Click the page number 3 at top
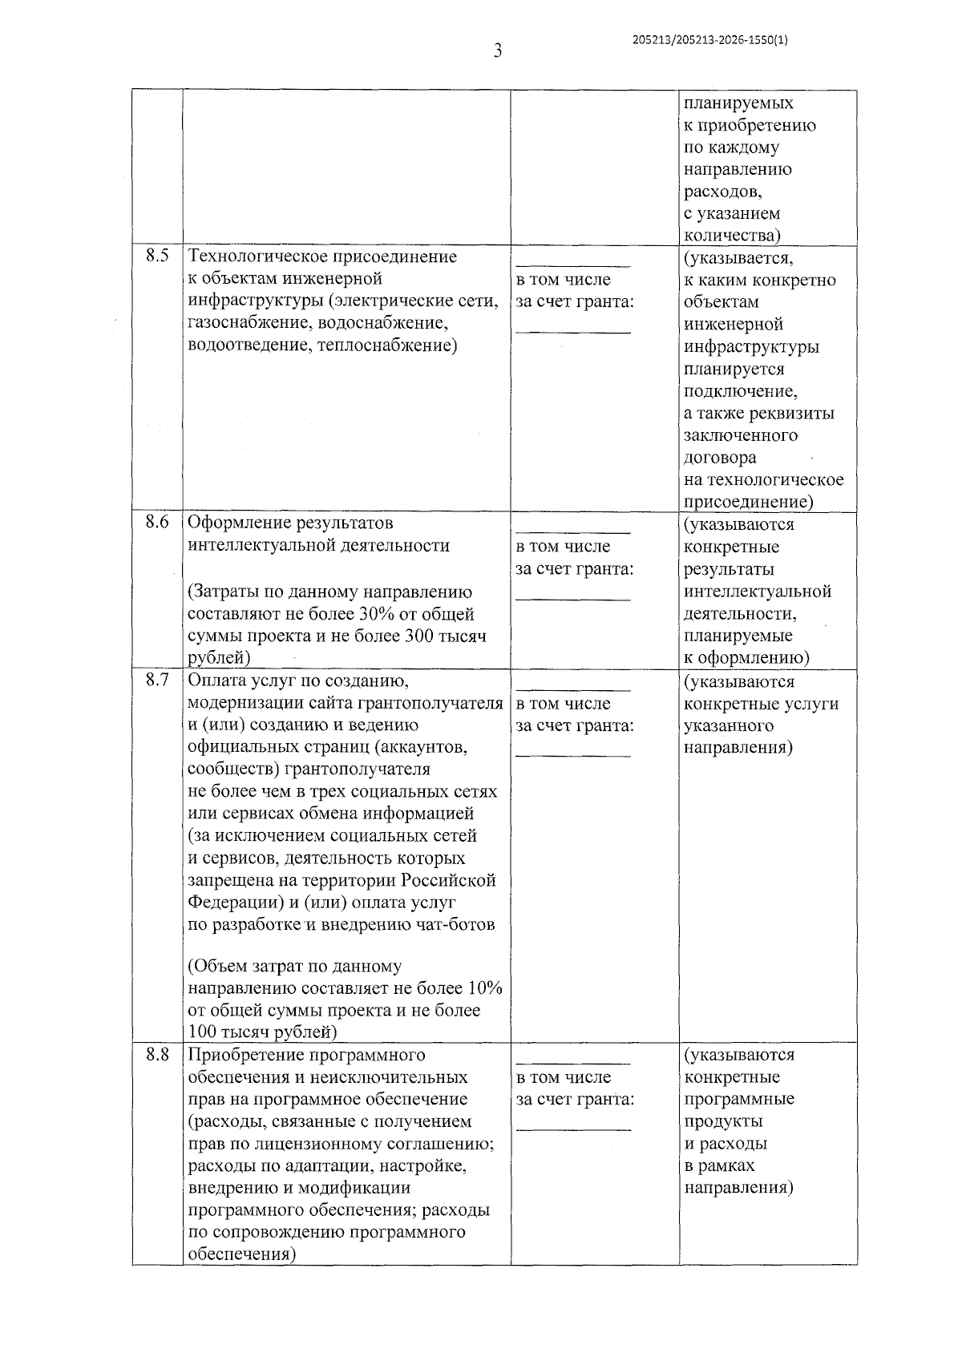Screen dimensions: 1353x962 click(498, 52)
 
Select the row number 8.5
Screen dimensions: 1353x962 click(157, 256)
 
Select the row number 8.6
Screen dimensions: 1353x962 click(157, 523)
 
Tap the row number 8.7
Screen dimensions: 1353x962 click(157, 681)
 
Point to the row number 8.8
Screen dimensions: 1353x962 click(157, 1055)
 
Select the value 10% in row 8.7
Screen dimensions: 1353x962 click(485, 988)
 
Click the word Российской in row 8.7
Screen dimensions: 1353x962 click(455, 880)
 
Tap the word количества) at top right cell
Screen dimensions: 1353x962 click(732, 236)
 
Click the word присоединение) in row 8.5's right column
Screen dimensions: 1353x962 click(748, 503)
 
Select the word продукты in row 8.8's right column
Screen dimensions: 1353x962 click(723, 1121)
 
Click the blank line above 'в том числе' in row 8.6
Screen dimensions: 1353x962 click(572, 531)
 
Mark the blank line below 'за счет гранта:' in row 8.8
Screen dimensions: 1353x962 click(572, 1129)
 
